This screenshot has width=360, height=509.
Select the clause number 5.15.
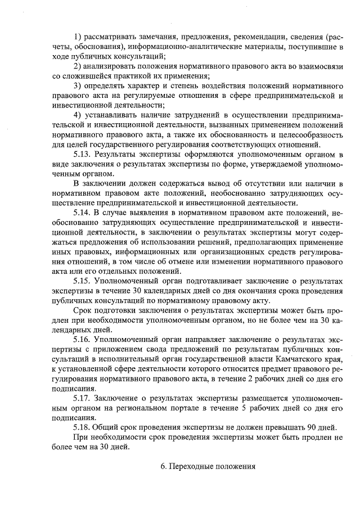tap(83, 280)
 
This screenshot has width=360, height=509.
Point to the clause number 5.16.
tap(83, 339)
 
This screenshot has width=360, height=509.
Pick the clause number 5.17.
tap(83, 398)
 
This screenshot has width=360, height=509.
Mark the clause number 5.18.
tap(83, 427)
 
